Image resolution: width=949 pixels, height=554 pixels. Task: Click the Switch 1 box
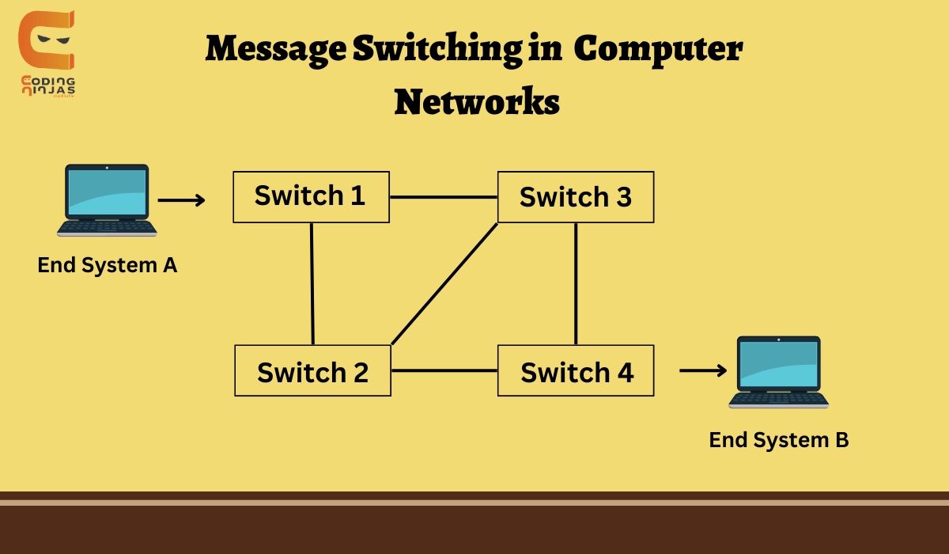point(311,196)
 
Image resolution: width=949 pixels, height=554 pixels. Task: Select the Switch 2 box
point(312,370)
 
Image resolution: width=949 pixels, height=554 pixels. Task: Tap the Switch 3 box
point(575,196)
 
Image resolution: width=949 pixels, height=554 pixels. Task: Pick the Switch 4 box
point(576,370)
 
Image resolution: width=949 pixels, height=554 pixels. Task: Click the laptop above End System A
point(107,200)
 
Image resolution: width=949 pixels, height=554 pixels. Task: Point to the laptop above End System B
point(778,372)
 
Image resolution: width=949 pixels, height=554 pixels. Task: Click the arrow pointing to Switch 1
point(181,200)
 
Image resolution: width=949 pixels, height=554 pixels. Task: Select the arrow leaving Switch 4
point(702,370)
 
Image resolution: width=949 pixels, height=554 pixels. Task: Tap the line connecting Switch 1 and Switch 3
point(443,197)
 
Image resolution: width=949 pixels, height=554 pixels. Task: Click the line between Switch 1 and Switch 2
point(312,283)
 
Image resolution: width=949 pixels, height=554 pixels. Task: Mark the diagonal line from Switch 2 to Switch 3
point(444,284)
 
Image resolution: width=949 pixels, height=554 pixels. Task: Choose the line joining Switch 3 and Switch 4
point(576,283)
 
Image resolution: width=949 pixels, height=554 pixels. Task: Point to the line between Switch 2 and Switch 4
point(444,370)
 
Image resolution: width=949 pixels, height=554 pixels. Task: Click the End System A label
point(107,265)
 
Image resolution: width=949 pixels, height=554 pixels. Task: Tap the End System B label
point(778,440)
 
